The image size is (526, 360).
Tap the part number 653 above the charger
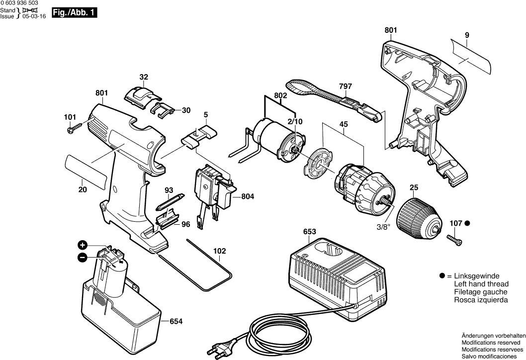click(310, 232)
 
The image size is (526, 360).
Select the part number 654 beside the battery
click(176, 322)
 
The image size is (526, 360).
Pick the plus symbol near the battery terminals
click(83, 245)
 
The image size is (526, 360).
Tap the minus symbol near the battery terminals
click(83, 257)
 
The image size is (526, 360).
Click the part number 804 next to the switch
click(247, 197)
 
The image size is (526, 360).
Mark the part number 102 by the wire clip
click(220, 251)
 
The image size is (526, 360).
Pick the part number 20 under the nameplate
click(83, 189)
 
